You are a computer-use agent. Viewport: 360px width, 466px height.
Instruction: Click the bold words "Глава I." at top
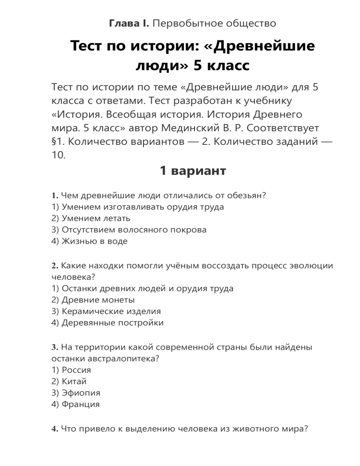point(129,23)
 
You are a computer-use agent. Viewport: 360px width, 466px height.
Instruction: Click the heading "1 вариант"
point(193,171)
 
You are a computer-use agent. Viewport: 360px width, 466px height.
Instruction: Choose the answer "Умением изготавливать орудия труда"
point(136,207)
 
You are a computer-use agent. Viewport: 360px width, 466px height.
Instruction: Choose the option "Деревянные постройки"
point(106,323)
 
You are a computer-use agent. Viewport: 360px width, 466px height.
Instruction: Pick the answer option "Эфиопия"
point(75,393)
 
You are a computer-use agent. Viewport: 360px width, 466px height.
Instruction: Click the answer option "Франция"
point(75,404)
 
